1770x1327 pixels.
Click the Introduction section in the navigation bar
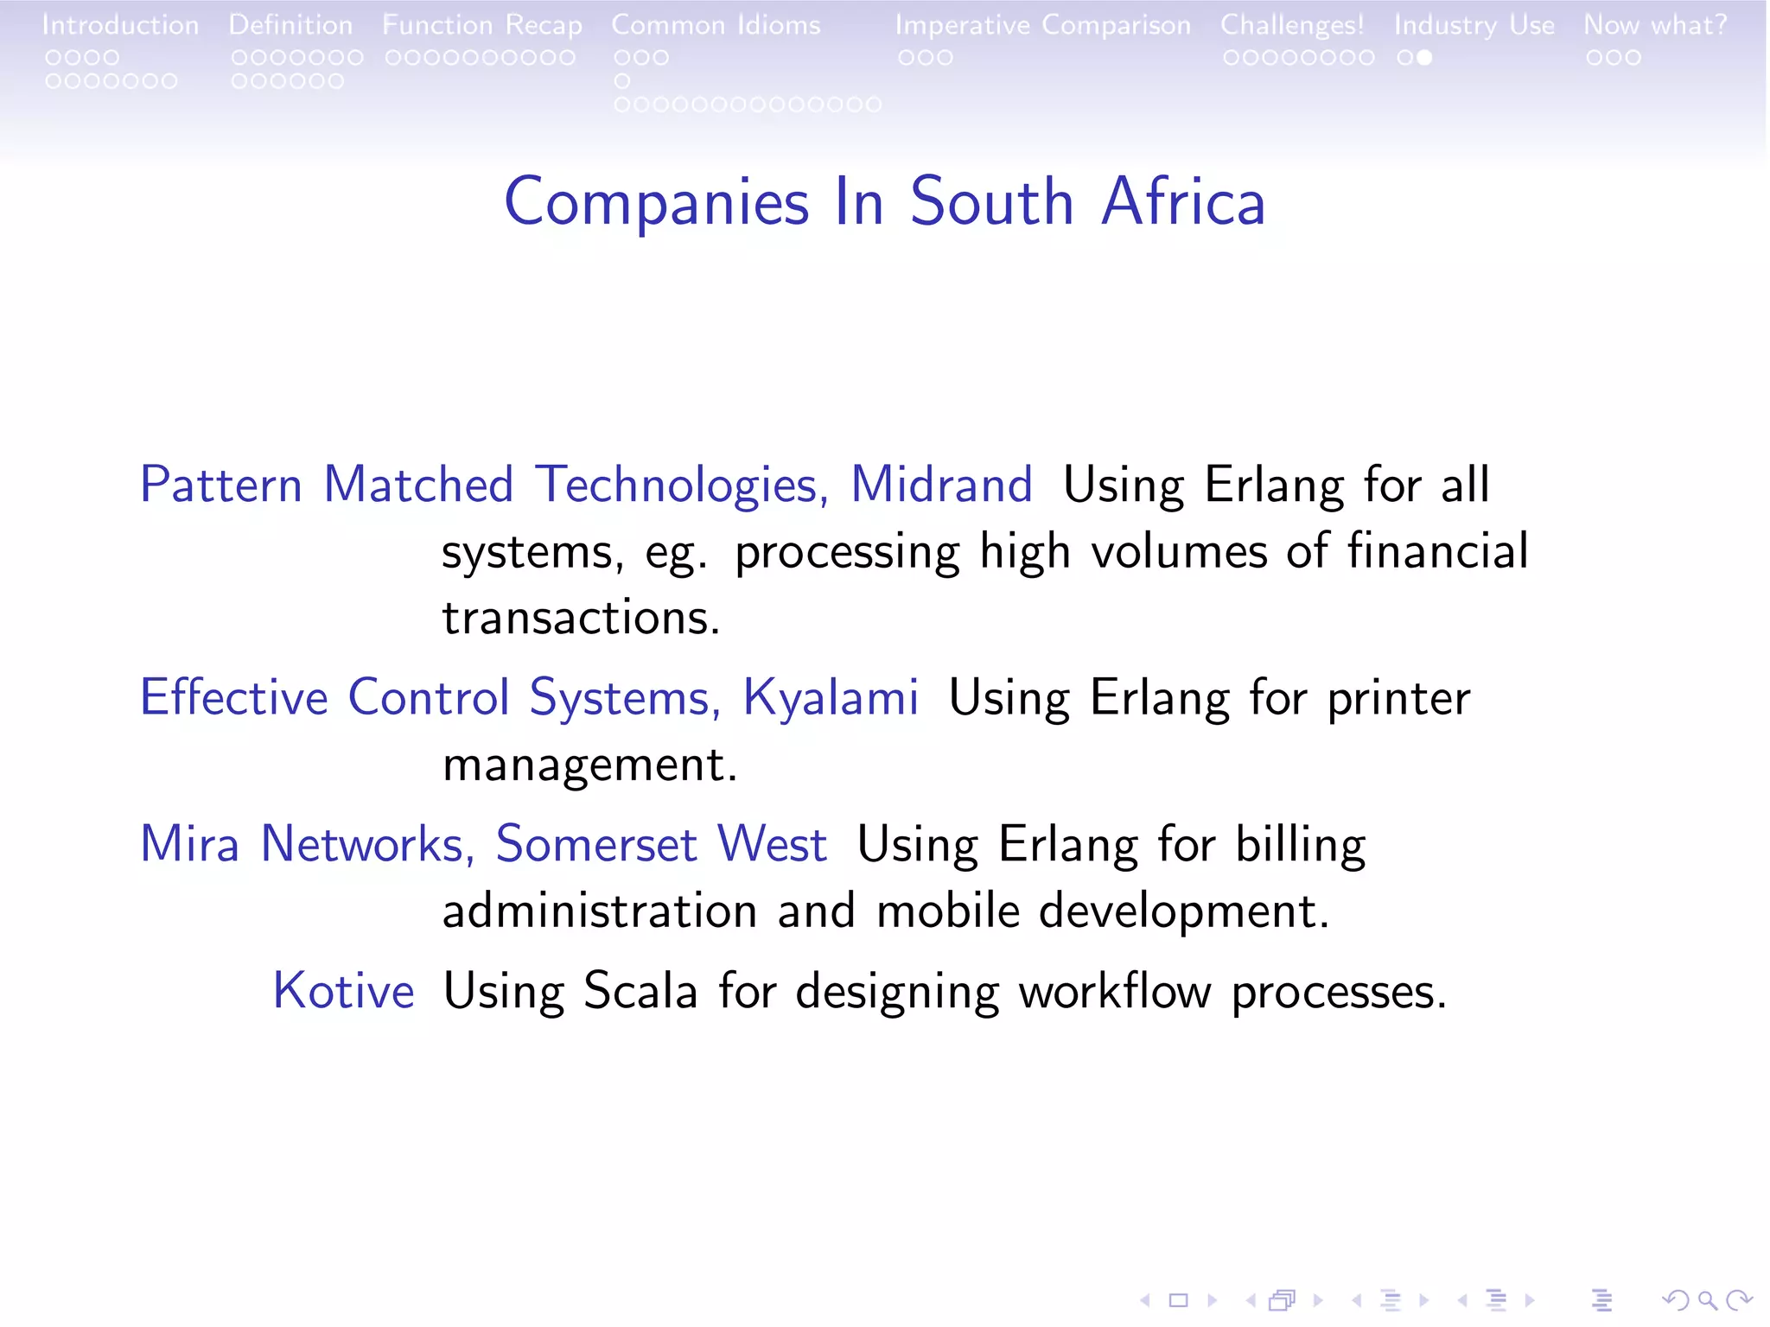click(120, 25)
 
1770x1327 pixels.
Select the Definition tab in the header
click(290, 25)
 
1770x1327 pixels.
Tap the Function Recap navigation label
click(482, 26)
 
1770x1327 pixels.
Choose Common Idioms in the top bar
click(716, 25)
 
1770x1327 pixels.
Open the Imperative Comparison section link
click(1042, 26)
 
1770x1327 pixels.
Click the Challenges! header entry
click(1292, 26)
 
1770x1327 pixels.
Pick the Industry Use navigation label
click(1474, 26)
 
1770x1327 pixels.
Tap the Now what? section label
click(1655, 25)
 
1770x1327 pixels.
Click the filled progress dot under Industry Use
click(1424, 58)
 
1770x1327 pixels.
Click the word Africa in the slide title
click(1183, 202)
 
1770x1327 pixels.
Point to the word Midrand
click(941, 485)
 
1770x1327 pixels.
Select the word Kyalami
click(831, 698)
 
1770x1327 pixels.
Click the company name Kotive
click(344, 991)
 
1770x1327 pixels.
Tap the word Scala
click(640, 991)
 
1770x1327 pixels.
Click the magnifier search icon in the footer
click(1707, 1299)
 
